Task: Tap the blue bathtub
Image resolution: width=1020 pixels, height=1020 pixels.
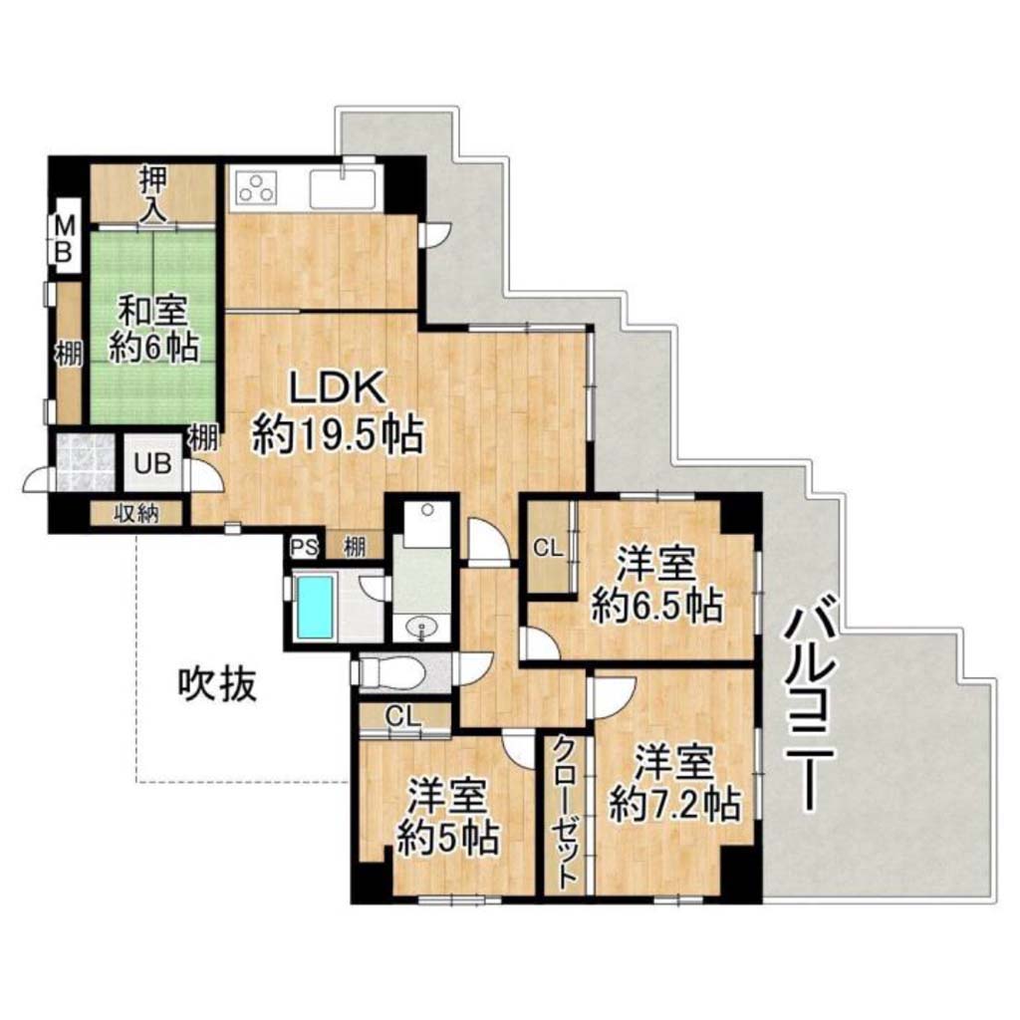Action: (x=316, y=607)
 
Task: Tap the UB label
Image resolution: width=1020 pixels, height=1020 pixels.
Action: (x=152, y=463)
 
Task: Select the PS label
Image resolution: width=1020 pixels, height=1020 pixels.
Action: (x=303, y=548)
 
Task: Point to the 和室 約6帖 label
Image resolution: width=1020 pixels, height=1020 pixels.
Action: (x=152, y=330)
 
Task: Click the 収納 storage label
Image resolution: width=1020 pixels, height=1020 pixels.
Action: (x=135, y=514)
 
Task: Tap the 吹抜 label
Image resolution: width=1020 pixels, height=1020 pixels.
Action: (x=217, y=684)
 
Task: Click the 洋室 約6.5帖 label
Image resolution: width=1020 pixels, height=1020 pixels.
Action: (x=657, y=585)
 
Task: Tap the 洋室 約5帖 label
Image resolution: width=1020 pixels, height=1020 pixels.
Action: (x=448, y=816)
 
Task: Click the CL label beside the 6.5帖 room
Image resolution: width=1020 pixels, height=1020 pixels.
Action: (x=548, y=549)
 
